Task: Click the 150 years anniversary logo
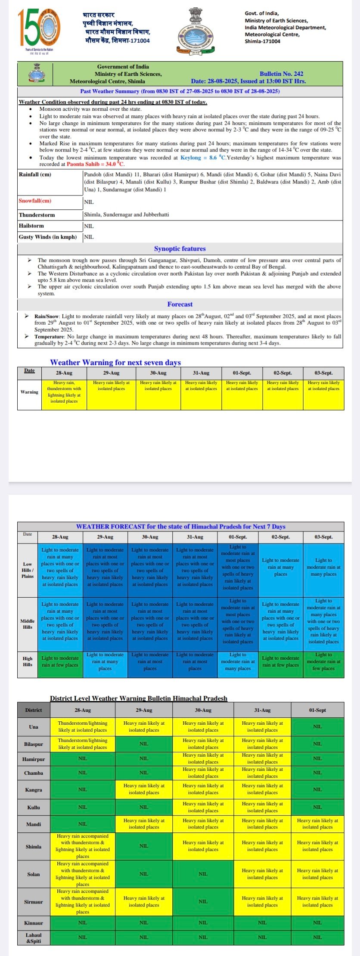point(39,29)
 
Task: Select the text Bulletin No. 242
point(281,74)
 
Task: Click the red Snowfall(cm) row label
point(35,201)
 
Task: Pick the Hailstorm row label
point(31,226)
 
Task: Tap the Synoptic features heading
point(180,249)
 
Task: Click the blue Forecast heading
point(180,304)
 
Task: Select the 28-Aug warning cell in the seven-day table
point(64,392)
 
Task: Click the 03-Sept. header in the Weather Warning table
point(323,373)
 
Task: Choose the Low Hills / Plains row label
point(28,570)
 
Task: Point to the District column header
point(34,710)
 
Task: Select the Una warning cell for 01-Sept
point(317,726)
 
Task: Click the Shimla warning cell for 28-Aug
point(83,846)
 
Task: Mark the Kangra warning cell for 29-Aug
point(144,789)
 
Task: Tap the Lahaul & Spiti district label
point(34,938)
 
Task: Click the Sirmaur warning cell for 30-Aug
point(203,901)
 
